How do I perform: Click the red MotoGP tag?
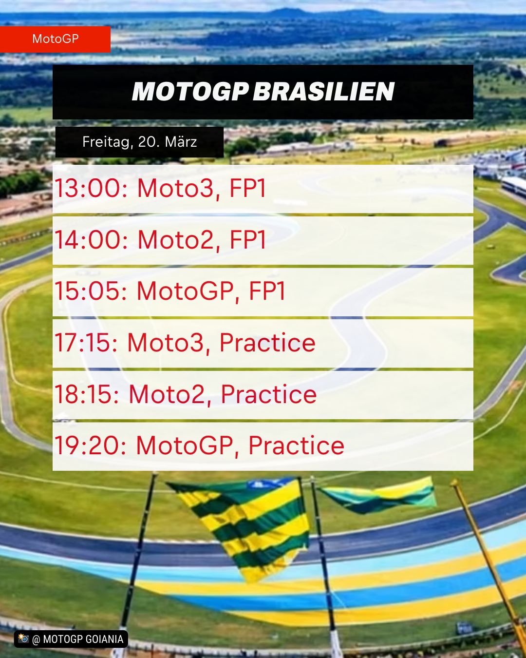55,39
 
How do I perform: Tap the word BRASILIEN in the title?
324,92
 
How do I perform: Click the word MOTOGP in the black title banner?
190,92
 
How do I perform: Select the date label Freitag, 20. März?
139,142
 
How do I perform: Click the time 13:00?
91,188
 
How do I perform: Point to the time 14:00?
91,240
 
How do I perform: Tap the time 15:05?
91,291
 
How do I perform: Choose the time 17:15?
86,343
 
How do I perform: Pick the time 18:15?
87,394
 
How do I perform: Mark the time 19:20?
90,445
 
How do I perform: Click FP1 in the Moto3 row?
248,188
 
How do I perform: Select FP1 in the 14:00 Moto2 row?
248,240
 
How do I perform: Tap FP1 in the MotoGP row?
267,291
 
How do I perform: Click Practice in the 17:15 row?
267,343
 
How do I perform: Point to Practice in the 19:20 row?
297,445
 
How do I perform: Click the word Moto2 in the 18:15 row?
167,394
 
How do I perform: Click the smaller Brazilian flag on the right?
379,495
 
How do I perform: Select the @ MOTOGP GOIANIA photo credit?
71,639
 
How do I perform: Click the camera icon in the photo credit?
23,639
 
